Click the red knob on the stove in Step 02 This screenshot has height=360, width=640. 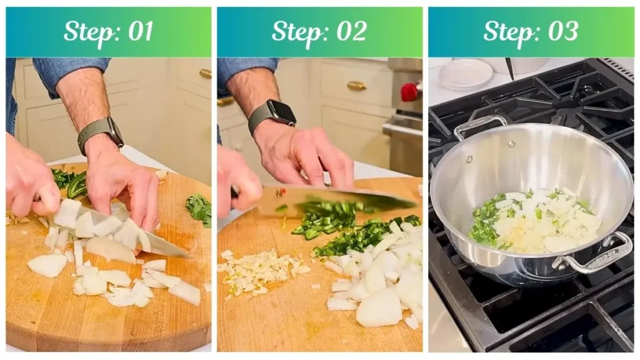point(409,92)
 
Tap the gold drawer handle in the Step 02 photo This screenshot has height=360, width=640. point(356,86)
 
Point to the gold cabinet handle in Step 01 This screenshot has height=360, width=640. point(205,74)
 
